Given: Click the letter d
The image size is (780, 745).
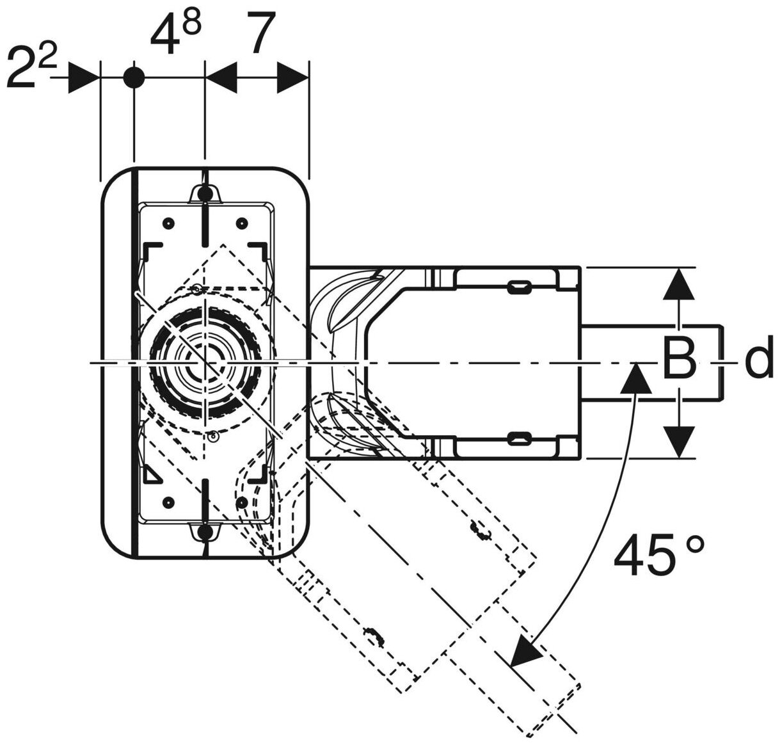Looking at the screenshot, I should (x=759, y=361).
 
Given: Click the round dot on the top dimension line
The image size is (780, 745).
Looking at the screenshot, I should (x=134, y=77).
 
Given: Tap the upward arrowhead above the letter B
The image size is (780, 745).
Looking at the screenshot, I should (x=678, y=285).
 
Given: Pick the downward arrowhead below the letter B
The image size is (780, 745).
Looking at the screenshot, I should (x=678, y=440).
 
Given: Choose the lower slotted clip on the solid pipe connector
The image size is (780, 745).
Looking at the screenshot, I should (x=520, y=437).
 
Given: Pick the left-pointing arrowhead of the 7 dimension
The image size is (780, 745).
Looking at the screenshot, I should (x=221, y=77).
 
